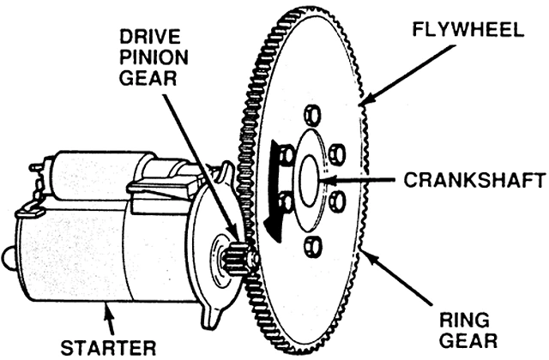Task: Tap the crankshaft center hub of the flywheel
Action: [x=311, y=180]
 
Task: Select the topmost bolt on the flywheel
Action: [x=313, y=116]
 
